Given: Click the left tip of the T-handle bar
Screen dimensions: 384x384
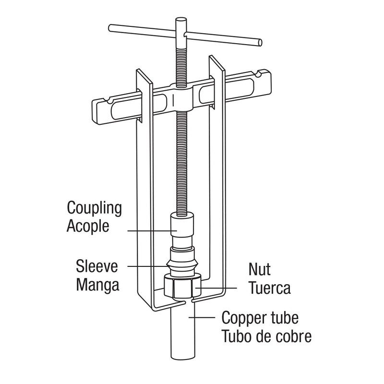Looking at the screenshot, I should point(110,26).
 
